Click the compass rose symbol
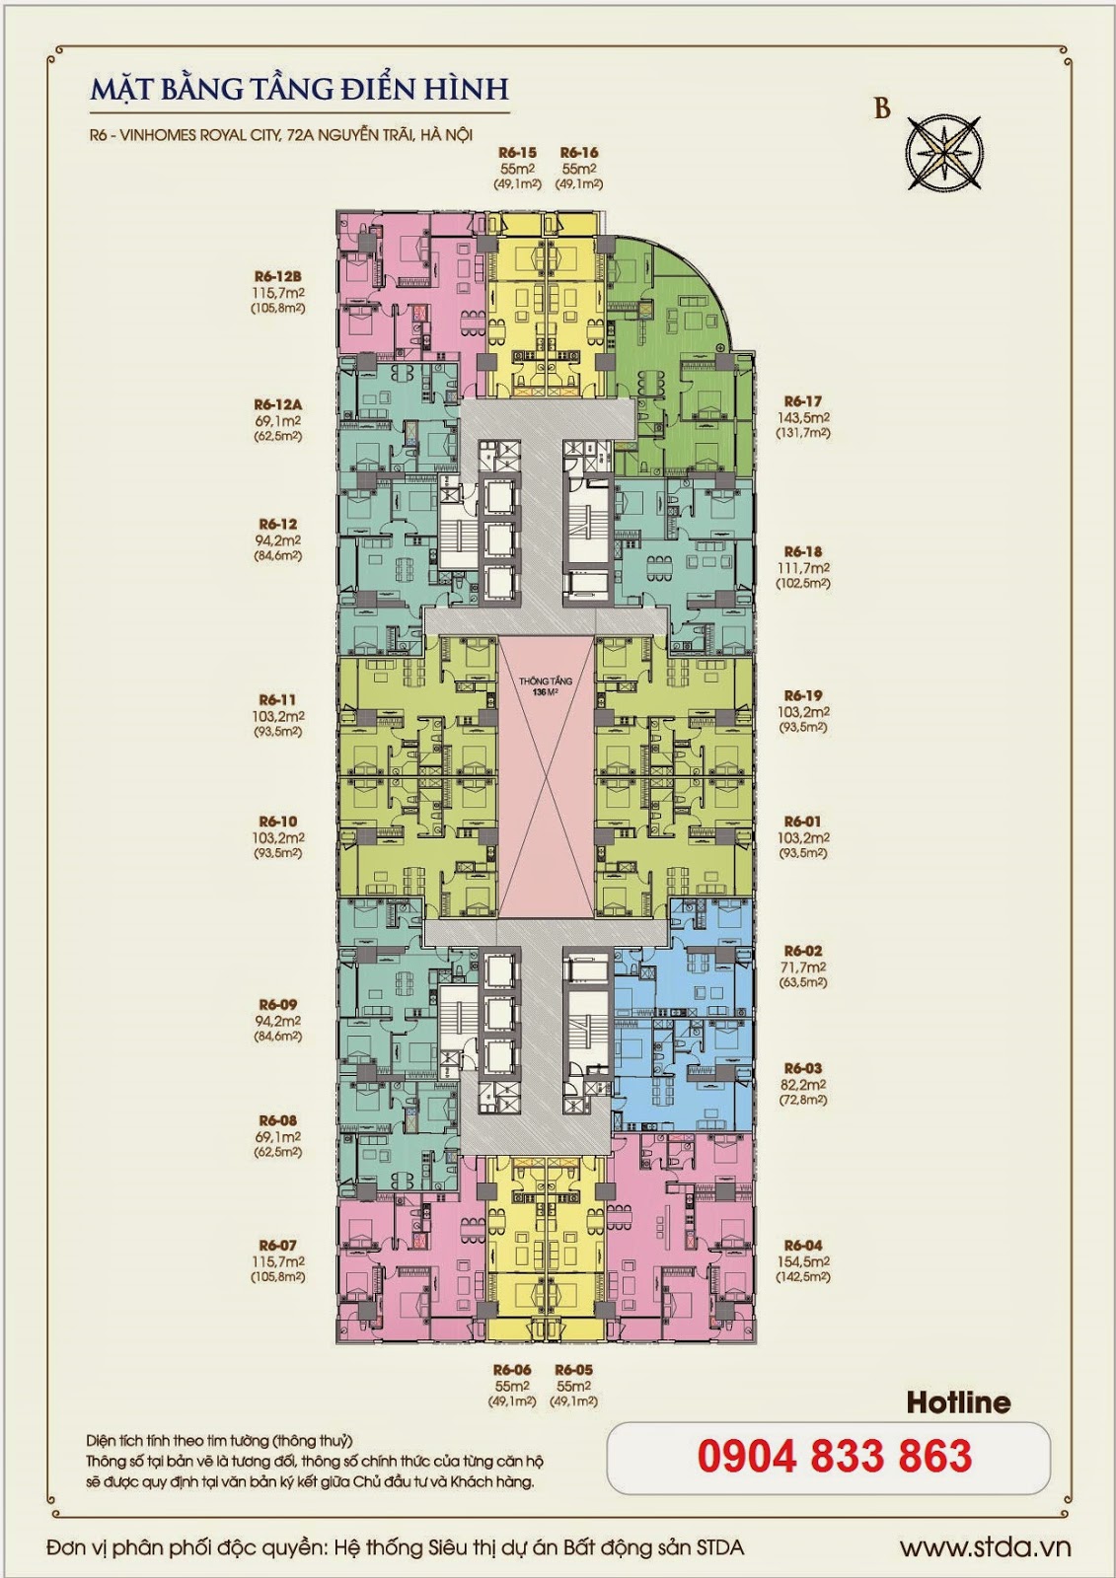(944, 152)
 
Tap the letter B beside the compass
(882, 109)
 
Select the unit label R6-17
(803, 401)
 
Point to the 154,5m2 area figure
(803, 1261)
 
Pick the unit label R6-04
(803, 1246)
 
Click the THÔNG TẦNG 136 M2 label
(545, 686)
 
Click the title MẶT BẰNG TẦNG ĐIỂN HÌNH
(300, 90)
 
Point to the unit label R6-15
(517, 152)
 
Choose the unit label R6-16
(579, 152)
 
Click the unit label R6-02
(803, 951)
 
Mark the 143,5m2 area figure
(803, 417)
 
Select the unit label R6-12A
(277, 405)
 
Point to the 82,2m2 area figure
(803, 1085)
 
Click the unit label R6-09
(277, 1005)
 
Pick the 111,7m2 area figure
(803, 568)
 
